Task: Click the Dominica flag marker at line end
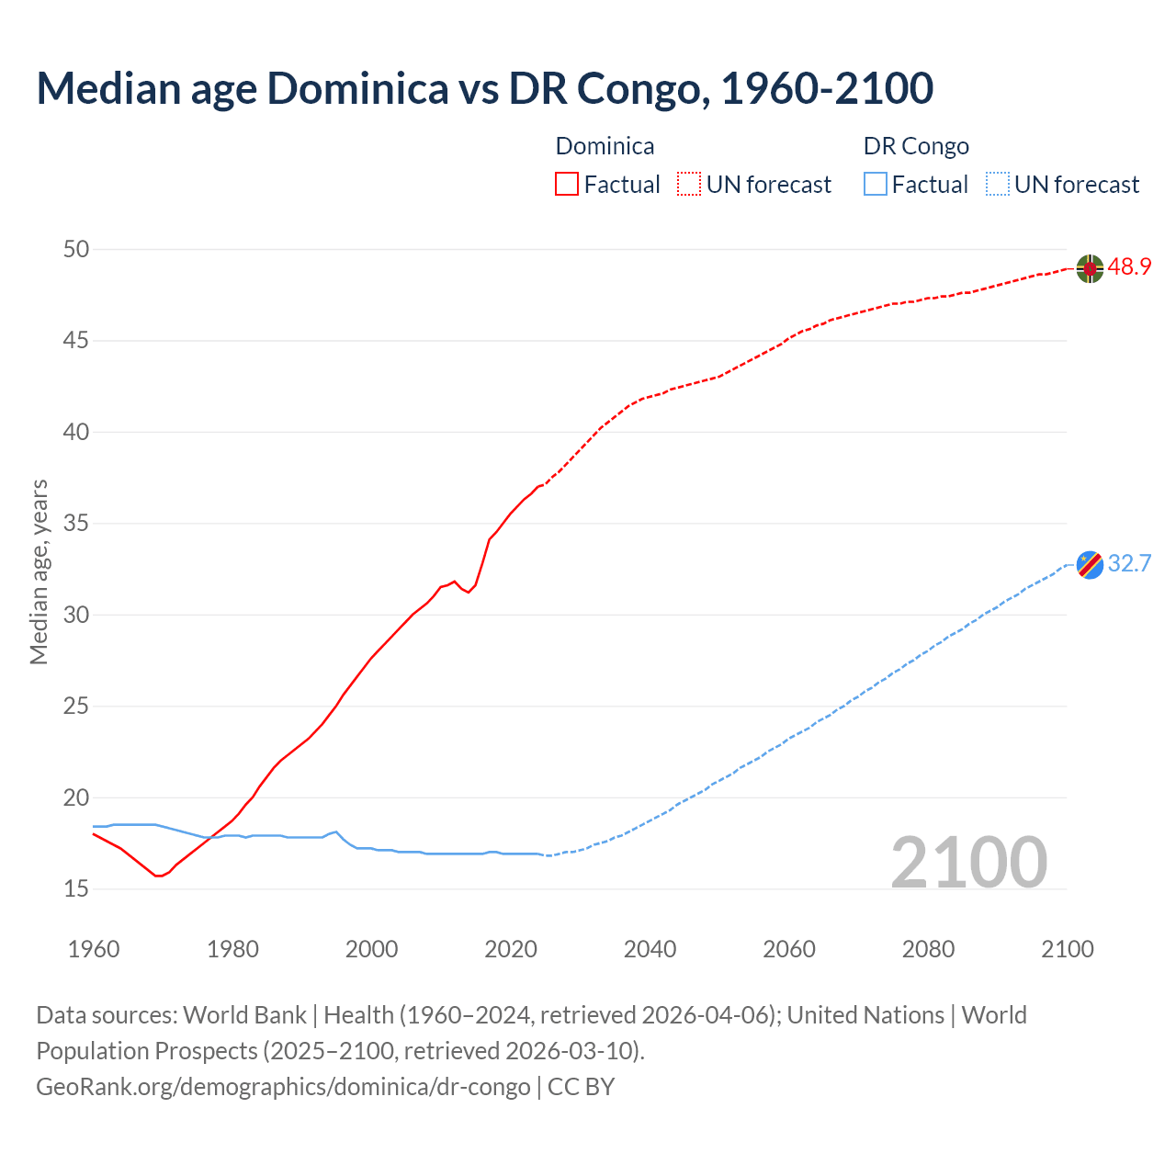1090,268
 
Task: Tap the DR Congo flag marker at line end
1090,564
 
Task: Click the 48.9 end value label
1129,267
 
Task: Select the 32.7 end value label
1129,563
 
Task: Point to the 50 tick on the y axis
77,249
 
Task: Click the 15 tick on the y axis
77,888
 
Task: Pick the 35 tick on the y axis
77,524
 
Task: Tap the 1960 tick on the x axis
94,949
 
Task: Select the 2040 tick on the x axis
650,949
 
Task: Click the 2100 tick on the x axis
1067,949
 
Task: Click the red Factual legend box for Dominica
567,185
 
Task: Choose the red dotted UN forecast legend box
689,185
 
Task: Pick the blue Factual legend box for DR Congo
876,185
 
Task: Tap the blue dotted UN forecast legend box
997,185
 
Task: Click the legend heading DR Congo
916,146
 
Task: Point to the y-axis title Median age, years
39,571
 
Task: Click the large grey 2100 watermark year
968,862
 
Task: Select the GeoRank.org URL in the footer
283,1087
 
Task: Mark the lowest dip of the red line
158,876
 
